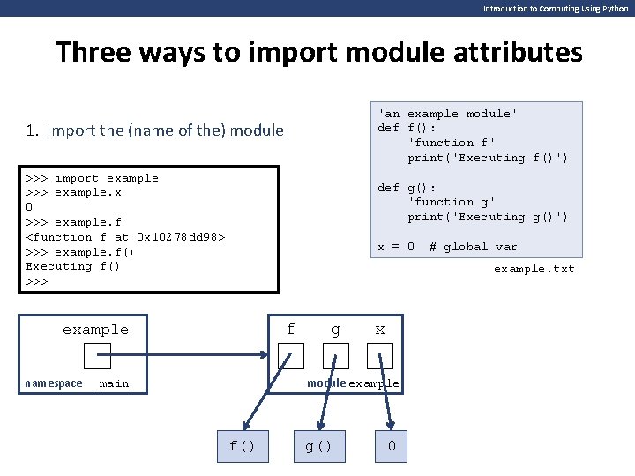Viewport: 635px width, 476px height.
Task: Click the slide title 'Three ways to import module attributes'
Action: [318, 52]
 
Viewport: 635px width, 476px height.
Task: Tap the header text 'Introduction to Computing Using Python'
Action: [556, 8]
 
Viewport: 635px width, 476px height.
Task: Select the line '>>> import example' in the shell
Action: [93, 178]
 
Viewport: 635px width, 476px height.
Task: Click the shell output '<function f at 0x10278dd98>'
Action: [126, 237]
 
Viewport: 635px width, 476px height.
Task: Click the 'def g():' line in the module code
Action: [407, 188]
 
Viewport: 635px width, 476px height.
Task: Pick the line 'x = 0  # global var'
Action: [447, 247]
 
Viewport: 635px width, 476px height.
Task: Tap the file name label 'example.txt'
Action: [534, 269]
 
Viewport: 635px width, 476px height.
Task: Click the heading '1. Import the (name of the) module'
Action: [155, 131]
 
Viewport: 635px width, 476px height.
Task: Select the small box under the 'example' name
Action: [96, 355]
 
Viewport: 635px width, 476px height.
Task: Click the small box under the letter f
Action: [290, 355]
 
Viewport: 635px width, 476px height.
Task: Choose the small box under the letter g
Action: [335, 355]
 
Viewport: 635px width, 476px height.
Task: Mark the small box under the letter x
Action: [380, 355]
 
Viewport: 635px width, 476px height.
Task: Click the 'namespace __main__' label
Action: [85, 383]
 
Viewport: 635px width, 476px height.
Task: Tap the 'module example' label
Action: [353, 383]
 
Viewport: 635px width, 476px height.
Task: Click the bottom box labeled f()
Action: [243, 446]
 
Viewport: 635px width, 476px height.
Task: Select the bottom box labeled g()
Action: [319, 446]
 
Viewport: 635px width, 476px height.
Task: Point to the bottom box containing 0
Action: [392, 446]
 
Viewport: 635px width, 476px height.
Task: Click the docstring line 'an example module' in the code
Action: [447, 114]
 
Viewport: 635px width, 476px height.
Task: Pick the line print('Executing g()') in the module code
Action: [488, 217]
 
